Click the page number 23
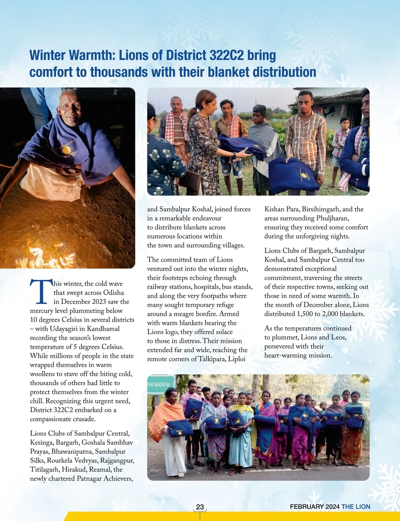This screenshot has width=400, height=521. [x=200, y=507]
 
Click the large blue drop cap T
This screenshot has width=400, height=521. [x=41, y=291]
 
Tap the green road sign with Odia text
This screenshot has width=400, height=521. [x=160, y=384]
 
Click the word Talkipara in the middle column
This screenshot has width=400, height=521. [x=212, y=359]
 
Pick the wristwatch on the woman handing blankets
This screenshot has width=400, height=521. [x=234, y=155]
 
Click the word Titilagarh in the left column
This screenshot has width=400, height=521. [x=45, y=470]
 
